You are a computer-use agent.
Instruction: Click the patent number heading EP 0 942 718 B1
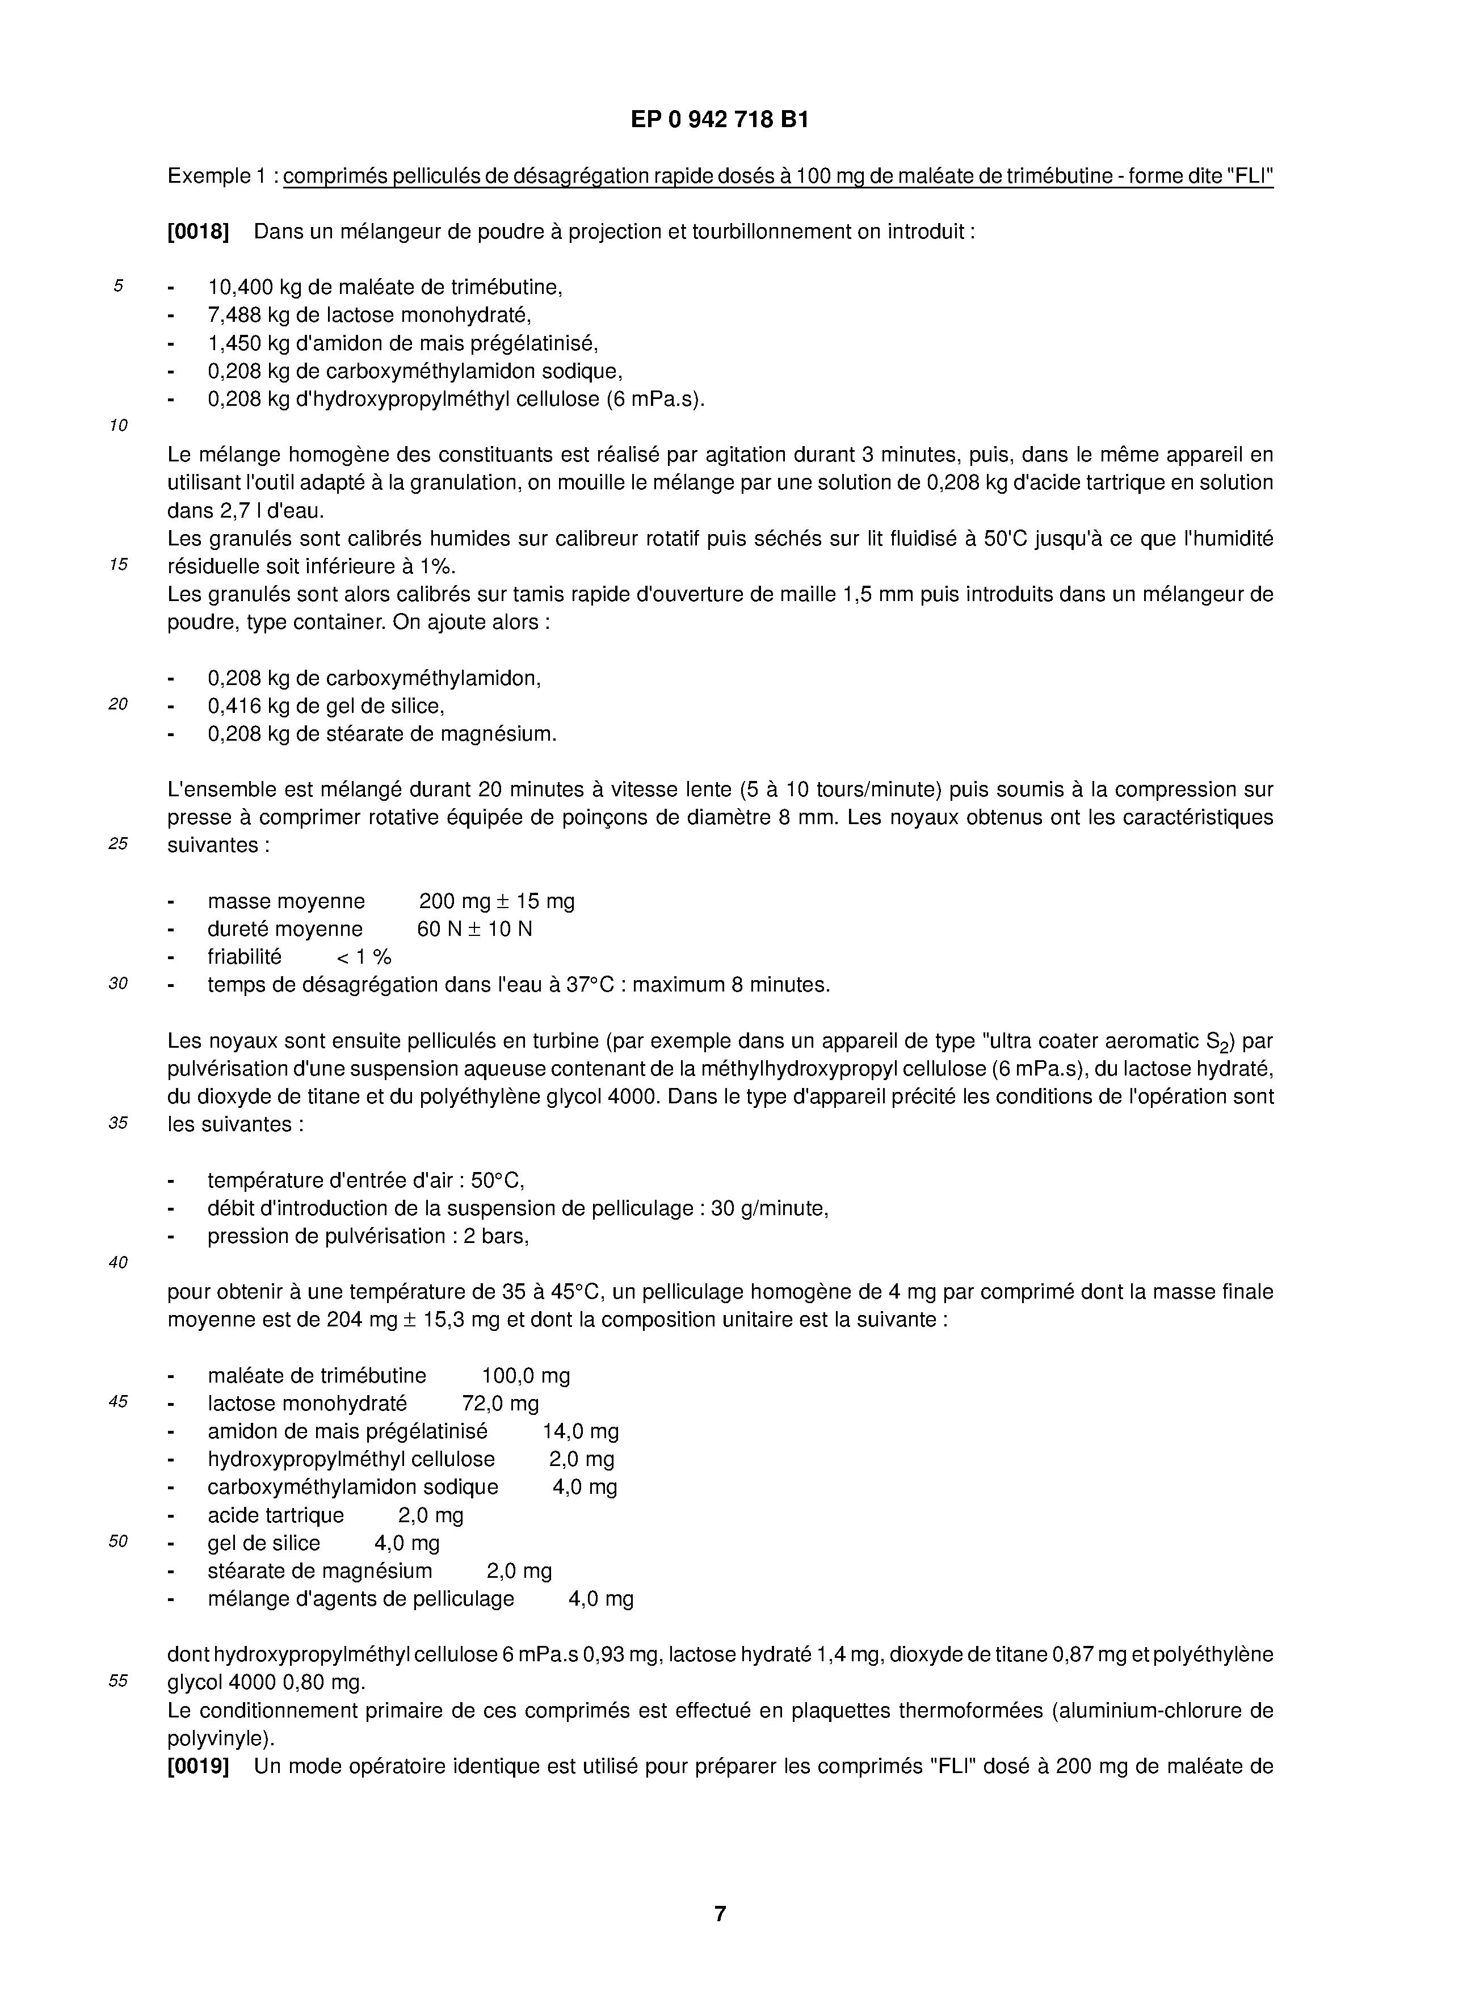coord(720,119)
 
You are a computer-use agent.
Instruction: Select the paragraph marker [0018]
coord(197,232)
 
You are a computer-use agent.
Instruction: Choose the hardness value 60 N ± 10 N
coord(474,929)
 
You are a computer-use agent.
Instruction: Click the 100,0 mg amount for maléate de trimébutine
coord(526,1376)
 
